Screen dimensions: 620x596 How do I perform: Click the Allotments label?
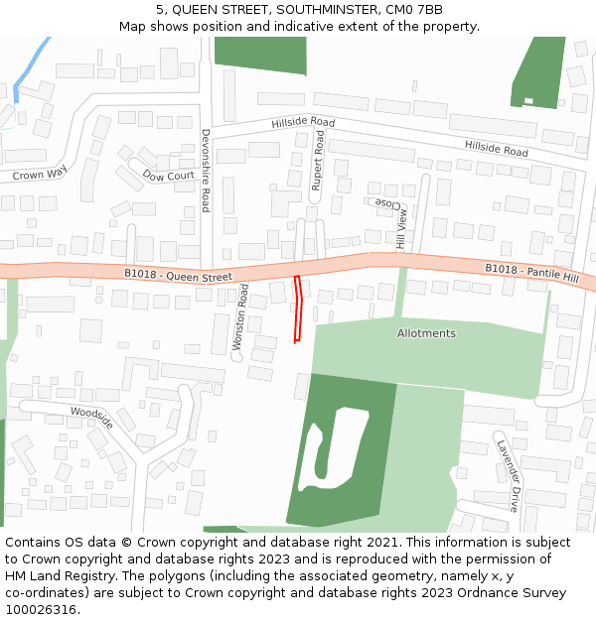click(426, 333)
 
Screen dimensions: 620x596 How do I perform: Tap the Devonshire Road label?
click(206, 170)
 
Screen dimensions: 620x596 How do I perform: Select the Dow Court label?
click(168, 176)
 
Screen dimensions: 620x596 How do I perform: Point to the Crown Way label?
click(39, 175)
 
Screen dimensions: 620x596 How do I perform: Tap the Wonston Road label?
click(240, 317)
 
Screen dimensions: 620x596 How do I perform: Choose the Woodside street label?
click(91, 417)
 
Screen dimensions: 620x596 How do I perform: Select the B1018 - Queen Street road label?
click(179, 275)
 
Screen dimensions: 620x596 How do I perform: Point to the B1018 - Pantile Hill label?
click(531, 270)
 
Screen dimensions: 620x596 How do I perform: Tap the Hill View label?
click(402, 227)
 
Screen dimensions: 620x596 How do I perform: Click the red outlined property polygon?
click(298, 309)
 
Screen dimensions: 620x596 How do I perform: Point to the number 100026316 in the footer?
click(41, 610)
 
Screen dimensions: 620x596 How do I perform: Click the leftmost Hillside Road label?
click(303, 122)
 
